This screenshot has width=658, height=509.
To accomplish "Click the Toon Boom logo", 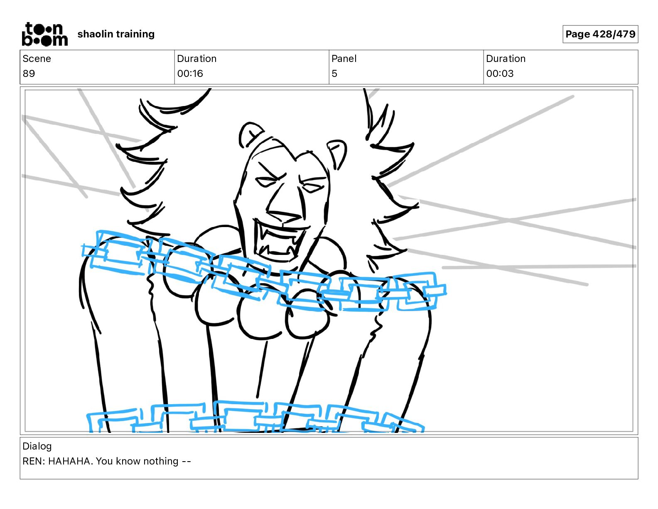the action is tap(45, 34).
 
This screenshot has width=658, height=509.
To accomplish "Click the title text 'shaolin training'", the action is tap(116, 34).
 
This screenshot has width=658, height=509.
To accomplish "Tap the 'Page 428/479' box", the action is tap(600, 34).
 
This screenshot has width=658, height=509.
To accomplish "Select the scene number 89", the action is tap(29, 73).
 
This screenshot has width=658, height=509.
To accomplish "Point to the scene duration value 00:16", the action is tap(190, 73).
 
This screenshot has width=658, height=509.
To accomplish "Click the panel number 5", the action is tap(334, 73).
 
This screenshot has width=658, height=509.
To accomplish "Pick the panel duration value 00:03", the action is tap(500, 73).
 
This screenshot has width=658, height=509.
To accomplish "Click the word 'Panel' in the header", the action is tap(344, 59).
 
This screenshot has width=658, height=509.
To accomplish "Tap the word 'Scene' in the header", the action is tap(37, 59).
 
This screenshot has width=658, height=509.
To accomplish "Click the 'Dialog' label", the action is tap(37, 446).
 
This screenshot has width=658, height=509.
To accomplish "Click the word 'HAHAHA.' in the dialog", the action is tap(71, 461).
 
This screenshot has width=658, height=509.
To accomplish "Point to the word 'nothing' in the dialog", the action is tap(160, 461).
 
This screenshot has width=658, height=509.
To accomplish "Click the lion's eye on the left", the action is tap(266, 182).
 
